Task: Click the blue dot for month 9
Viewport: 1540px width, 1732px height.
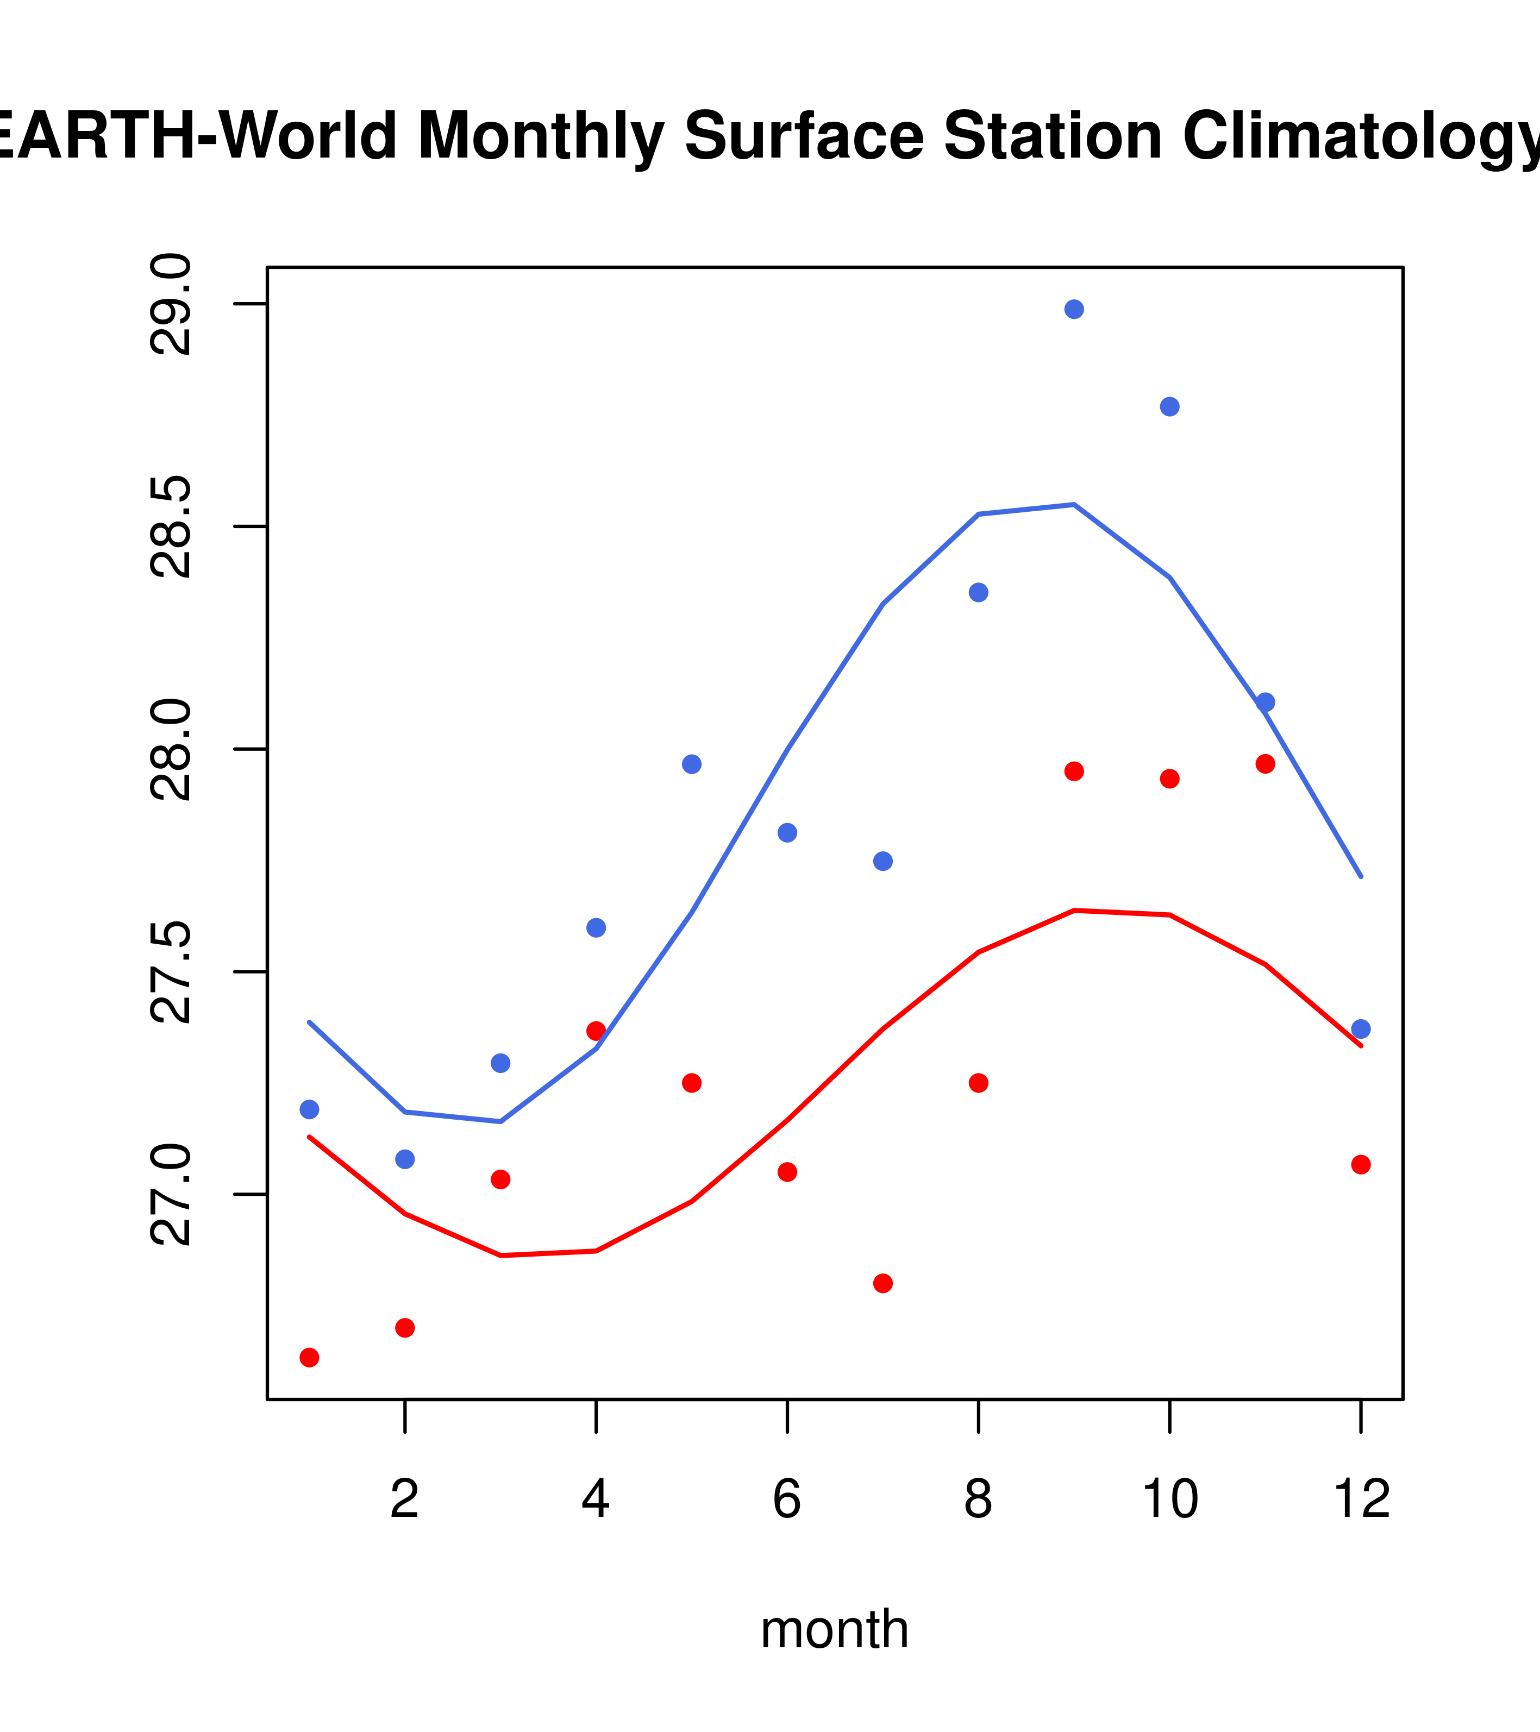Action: click(x=1074, y=309)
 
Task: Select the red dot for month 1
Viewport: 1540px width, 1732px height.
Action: click(x=309, y=1358)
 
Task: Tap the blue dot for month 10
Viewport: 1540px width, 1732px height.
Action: click(x=1169, y=407)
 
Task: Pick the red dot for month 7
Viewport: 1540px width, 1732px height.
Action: click(x=883, y=1283)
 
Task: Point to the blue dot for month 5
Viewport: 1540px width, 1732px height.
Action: click(x=692, y=764)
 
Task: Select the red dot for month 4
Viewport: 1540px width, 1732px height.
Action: click(x=596, y=1031)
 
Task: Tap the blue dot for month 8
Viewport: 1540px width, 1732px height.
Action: click(x=978, y=592)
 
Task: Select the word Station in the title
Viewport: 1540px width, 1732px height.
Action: click(x=1053, y=136)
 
